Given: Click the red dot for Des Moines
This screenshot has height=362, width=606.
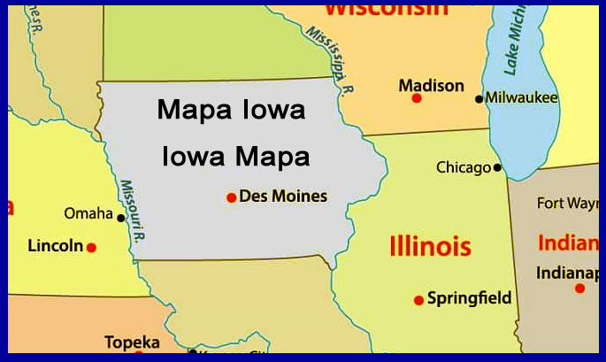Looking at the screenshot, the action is coord(231,197).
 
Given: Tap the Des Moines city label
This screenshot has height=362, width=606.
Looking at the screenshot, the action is coord(283,196).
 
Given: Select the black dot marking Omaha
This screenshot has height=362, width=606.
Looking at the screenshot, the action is coord(121,217).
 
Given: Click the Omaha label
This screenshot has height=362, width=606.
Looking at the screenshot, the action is coord(88,213).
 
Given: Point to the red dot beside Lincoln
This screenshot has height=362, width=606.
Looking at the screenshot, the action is coord(91,248).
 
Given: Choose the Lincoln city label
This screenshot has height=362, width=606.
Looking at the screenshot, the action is coord(55,245).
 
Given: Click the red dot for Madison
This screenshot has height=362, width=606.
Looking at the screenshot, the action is coord(417,98).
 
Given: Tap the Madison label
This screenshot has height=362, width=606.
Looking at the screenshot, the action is coord(431,85).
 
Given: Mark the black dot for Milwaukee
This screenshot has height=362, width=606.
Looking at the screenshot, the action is coord(479,99).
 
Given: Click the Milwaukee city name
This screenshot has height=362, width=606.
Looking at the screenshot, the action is coord(522,97).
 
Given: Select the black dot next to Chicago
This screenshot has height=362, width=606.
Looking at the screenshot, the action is coord(497,167).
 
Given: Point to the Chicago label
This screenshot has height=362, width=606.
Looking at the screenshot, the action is coord(464,167).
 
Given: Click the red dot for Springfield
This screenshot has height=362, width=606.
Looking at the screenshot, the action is coord(418,300).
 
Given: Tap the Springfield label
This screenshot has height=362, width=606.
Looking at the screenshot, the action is coord(469,298).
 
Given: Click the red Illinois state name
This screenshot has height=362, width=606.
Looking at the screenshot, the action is coord(430,245).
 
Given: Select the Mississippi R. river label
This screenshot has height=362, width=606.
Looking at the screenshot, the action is coord(331,59).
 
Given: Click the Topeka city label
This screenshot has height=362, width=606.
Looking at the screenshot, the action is coord(132,343).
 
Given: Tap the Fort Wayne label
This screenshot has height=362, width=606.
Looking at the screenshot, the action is coord(567,204).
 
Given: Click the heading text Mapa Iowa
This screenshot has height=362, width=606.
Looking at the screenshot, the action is coord(231,111).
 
